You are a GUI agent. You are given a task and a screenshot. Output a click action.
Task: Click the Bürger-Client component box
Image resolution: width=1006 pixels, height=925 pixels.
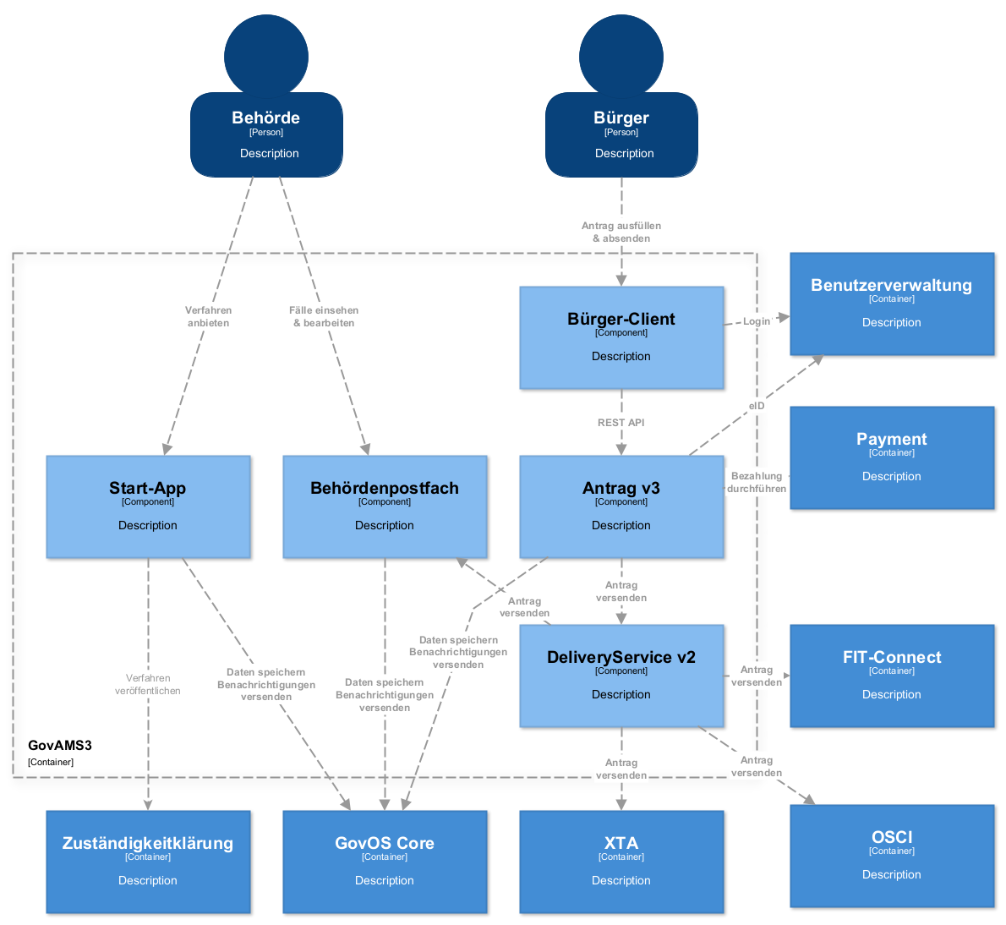click(621, 337)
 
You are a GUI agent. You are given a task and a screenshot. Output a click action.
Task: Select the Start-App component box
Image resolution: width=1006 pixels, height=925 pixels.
click(148, 506)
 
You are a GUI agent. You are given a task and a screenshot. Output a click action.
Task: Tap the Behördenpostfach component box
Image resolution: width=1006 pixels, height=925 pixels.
click(385, 506)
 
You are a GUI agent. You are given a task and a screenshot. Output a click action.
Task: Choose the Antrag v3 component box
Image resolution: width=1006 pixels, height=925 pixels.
click(621, 506)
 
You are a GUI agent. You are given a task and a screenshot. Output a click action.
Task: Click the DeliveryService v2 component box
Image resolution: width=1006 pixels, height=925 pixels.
click(621, 676)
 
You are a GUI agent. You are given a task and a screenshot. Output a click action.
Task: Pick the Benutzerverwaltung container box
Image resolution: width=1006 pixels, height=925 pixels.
click(892, 304)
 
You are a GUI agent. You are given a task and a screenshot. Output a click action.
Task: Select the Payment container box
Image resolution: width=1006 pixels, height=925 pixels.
click(892, 457)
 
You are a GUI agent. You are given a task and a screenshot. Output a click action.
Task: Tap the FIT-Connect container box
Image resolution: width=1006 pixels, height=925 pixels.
click(892, 676)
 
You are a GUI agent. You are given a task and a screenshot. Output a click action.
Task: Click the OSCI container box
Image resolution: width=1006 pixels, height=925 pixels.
click(892, 856)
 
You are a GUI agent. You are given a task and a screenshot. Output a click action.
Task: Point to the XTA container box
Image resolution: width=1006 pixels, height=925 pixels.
click(621, 862)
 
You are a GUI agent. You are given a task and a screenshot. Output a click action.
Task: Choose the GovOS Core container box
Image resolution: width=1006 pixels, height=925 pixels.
click(385, 862)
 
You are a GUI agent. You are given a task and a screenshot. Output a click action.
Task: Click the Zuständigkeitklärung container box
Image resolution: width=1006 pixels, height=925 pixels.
click(148, 862)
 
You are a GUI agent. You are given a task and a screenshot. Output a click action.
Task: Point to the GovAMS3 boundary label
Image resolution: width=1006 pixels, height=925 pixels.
click(59, 746)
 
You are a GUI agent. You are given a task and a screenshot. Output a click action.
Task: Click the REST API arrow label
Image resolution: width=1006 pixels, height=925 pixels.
click(621, 423)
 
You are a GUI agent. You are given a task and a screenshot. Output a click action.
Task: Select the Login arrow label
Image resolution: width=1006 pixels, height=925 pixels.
click(757, 321)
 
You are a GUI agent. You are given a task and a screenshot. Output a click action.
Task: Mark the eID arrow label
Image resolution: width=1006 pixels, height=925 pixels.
click(757, 406)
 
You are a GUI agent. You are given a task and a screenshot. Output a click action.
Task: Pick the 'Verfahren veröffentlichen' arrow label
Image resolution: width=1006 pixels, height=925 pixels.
click(148, 684)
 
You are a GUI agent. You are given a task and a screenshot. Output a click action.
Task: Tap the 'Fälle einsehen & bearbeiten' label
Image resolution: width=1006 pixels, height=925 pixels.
click(324, 316)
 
